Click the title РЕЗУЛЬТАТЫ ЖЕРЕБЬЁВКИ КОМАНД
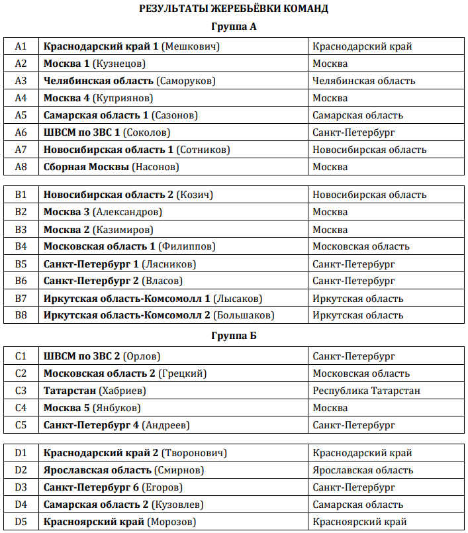coord(234,9)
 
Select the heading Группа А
coord(234,27)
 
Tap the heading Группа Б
coord(234,336)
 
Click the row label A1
coord(21,46)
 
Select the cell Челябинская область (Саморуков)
coord(130,81)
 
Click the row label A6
coord(21,132)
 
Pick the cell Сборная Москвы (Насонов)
coord(111,167)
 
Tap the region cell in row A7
coord(369,150)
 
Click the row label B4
coord(21,246)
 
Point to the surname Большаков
coord(244,315)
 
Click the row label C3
coord(21,391)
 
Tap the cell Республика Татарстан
coord(366,391)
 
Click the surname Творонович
coord(195,453)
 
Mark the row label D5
coord(21,522)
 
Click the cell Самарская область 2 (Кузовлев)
coord(123,505)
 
